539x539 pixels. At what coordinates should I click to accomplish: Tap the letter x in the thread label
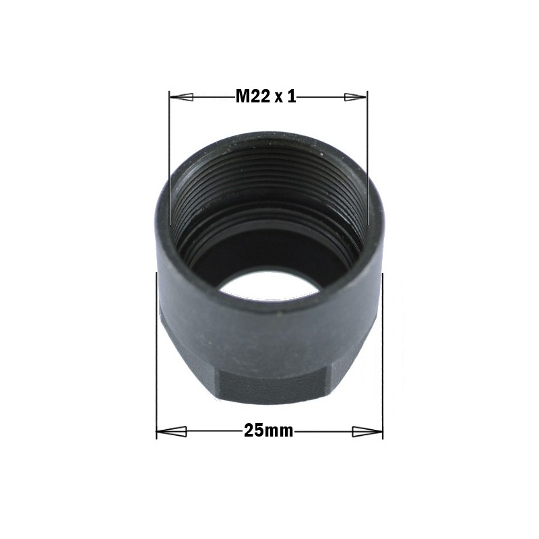coord(278,98)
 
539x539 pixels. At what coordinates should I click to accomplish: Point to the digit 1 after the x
coord(292,97)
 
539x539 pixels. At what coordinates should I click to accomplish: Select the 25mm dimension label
coord(269,431)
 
